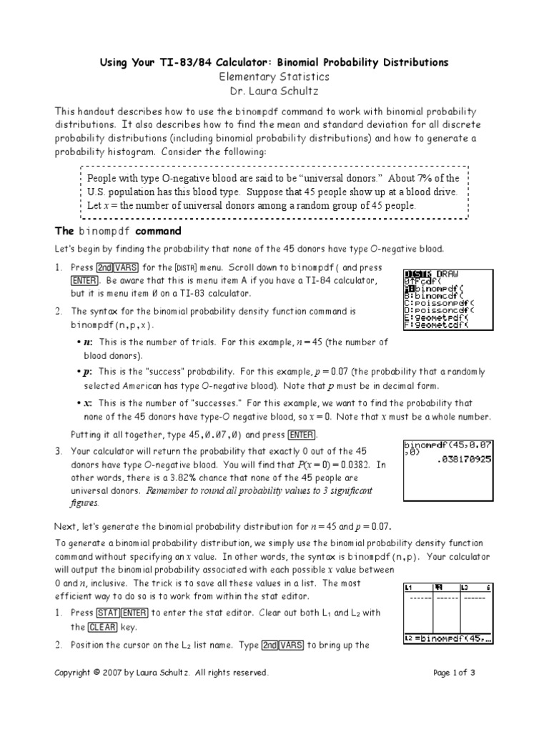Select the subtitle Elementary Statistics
click(x=274, y=76)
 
